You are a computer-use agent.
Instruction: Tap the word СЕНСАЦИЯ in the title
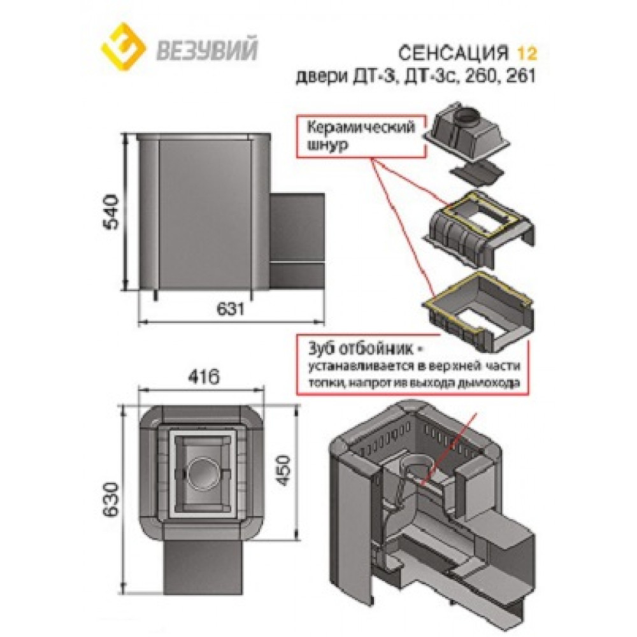point(454,54)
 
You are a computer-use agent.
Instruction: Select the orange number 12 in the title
point(527,54)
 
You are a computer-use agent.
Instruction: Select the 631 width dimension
point(231,309)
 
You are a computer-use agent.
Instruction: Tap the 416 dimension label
point(204,376)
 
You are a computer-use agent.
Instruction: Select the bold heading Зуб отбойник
point(361,349)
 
